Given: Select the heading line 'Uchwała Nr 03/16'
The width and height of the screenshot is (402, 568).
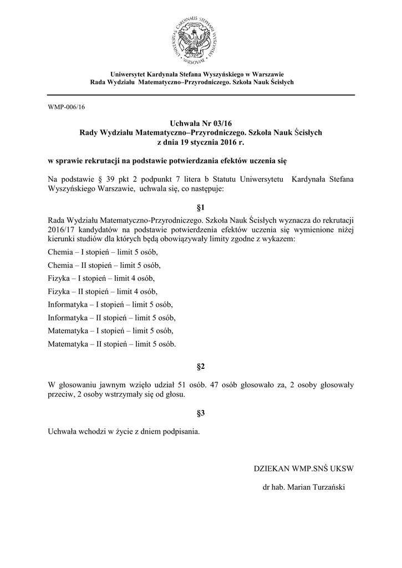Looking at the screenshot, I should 201,123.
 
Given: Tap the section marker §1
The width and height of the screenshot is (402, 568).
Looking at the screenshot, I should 201,208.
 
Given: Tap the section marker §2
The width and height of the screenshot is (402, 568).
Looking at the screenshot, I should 201,367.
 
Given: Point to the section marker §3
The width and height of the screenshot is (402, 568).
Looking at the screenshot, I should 201,413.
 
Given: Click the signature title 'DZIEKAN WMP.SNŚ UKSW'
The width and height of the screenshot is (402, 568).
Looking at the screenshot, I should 303,468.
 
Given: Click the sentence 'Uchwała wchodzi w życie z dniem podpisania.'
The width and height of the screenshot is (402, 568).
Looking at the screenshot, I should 124,431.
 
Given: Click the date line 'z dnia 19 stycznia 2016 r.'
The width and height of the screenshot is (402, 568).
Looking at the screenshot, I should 201,143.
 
